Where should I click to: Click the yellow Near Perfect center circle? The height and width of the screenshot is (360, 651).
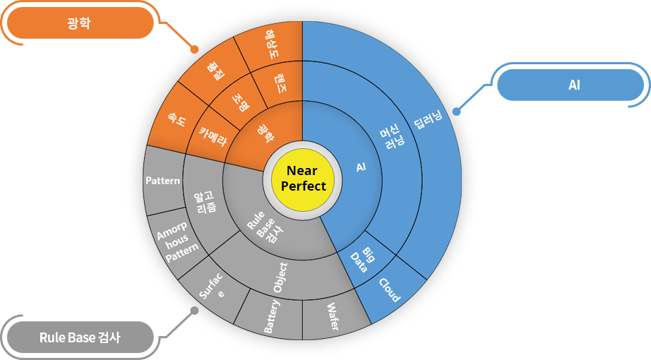pos(303,179)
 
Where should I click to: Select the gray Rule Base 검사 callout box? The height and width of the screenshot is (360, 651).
pos(99,336)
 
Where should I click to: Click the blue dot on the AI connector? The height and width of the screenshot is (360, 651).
pos(455,112)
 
